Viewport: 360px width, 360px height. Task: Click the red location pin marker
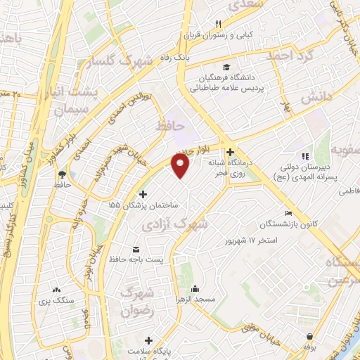pyautogui.click(x=181, y=166)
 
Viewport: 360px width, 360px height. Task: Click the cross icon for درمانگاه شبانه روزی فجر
pyautogui.click(x=230, y=151)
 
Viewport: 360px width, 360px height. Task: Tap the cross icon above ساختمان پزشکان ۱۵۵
pyautogui.click(x=143, y=194)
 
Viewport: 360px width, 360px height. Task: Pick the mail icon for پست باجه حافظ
pyautogui.click(x=136, y=250)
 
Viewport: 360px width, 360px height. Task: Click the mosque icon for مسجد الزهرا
pyautogui.click(x=195, y=288)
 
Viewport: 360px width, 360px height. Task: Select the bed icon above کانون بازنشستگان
pyautogui.click(x=288, y=213)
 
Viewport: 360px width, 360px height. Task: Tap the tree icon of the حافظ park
pyautogui.click(x=62, y=174)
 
